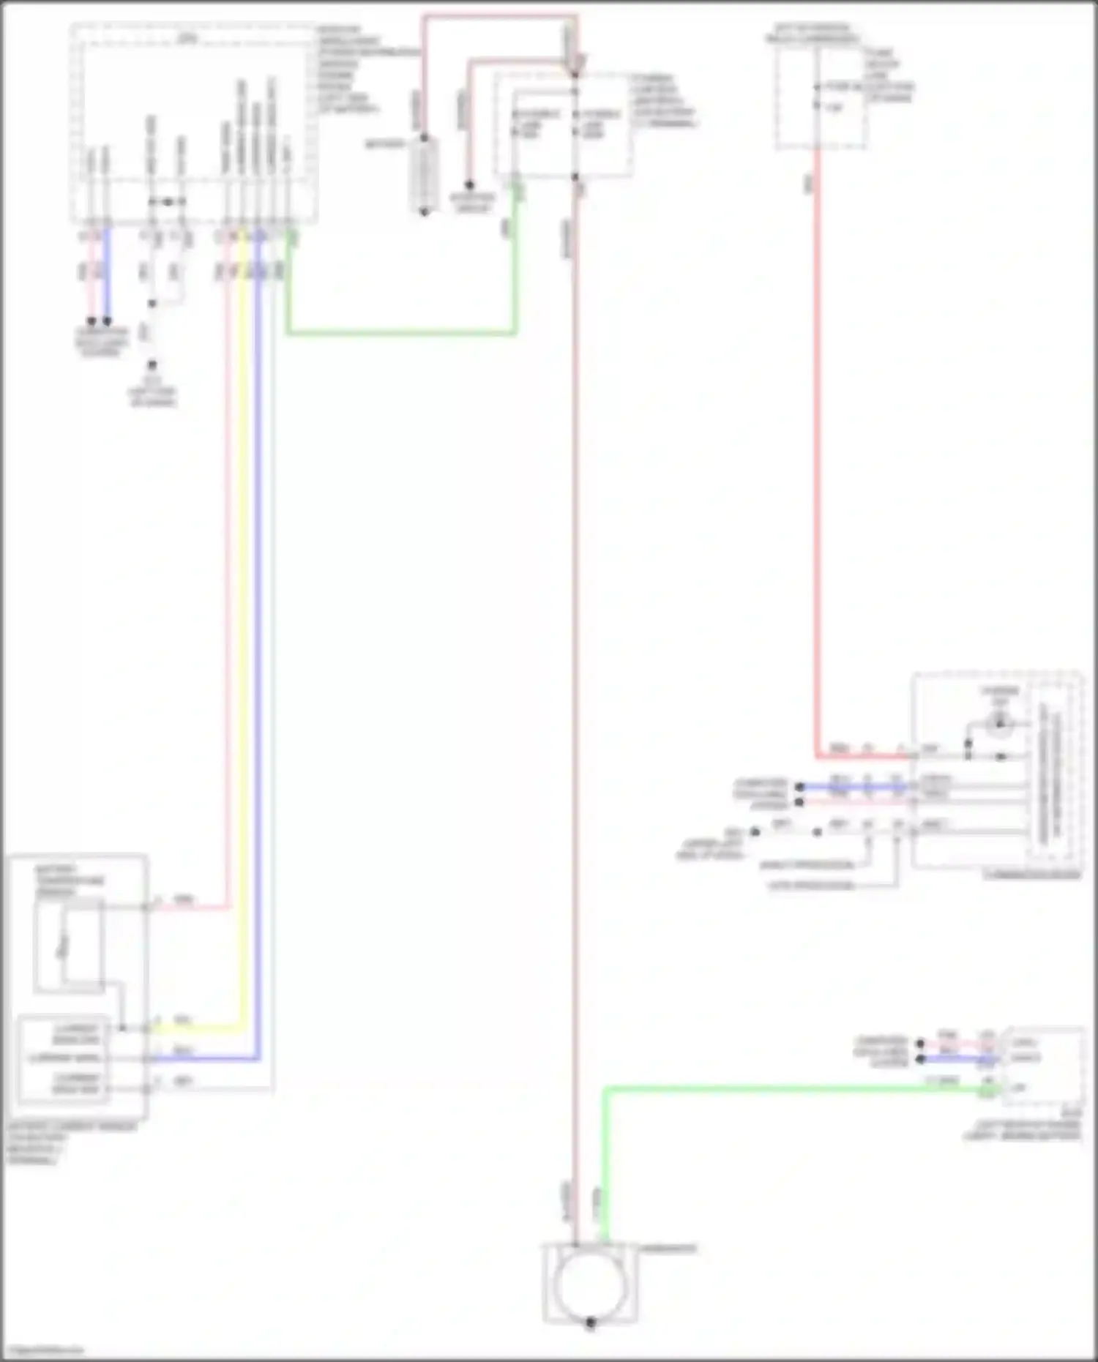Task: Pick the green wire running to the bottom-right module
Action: [x=769, y=1090]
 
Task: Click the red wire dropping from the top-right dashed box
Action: [x=817, y=439]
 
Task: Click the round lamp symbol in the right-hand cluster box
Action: [x=998, y=724]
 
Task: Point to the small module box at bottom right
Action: [x=1043, y=1066]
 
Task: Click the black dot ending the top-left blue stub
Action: [x=108, y=321]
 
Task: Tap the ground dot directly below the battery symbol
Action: [x=425, y=212]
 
